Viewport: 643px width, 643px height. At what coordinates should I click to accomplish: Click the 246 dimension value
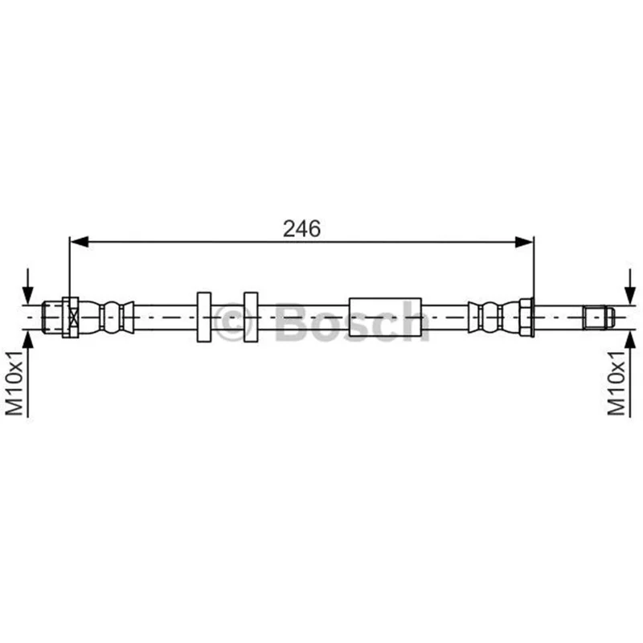click(x=302, y=228)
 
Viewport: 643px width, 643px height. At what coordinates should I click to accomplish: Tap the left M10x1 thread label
click(x=14, y=383)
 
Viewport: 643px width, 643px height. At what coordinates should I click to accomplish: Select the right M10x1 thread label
click(x=616, y=383)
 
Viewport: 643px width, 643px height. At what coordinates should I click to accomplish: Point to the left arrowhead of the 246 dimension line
click(x=79, y=242)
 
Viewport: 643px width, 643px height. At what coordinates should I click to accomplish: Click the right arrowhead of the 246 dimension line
click(x=524, y=242)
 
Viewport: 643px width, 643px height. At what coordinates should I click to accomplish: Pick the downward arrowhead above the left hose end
click(x=27, y=295)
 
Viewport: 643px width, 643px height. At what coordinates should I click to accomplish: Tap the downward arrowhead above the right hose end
click(x=630, y=295)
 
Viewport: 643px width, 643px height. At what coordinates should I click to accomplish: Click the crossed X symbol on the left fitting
click(x=73, y=317)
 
